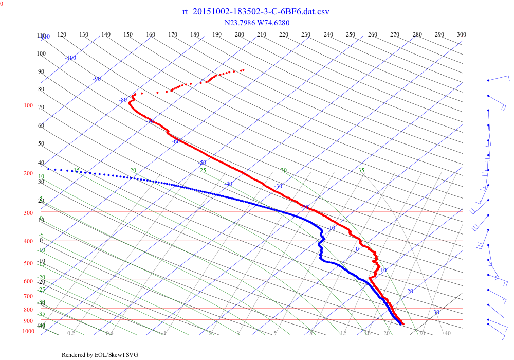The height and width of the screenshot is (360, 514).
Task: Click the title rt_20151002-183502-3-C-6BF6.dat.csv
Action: click(x=256, y=12)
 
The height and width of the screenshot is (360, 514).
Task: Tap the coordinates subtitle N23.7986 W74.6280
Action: click(x=256, y=23)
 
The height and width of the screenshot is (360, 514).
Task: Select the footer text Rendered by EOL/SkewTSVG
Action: click(x=100, y=355)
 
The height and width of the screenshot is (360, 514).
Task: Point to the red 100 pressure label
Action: click(x=28, y=105)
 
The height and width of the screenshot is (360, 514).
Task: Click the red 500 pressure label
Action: click(x=28, y=263)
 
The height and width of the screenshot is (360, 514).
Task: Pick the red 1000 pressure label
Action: click(x=28, y=331)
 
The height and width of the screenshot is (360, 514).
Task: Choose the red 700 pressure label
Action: click(x=28, y=296)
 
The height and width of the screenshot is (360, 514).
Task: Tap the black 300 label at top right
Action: click(x=462, y=34)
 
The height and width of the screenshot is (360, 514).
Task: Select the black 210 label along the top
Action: click(x=261, y=34)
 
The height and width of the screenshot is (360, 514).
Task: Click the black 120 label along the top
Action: click(x=62, y=34)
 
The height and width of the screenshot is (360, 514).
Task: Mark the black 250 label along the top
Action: click(x=351, y=34)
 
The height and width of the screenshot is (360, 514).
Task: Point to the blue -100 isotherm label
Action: click(x=70, y=58)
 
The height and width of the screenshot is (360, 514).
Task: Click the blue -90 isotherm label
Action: click(x=96, y=79)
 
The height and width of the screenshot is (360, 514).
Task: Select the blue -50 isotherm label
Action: click(x=202, y=163)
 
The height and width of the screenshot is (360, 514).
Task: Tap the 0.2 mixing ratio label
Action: click(x=71, y=334)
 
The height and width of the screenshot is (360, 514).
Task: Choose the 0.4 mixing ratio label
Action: click(x=109, y=334)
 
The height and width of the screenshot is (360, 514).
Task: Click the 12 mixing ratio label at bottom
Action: click(x=343, y=334)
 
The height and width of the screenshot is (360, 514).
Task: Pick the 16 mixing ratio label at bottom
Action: click(x=368, y=334)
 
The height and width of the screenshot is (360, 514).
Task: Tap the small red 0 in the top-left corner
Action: click(x=2, y=3)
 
